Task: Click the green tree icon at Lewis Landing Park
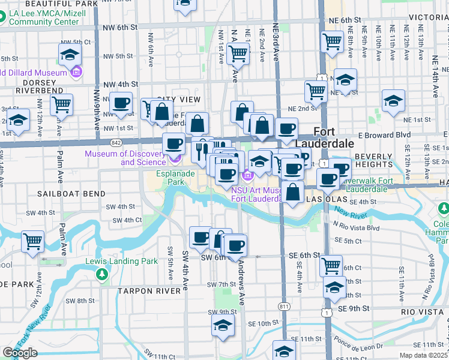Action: point(101,274)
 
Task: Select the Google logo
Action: point(20,353)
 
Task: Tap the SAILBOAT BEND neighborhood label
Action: point(71,194)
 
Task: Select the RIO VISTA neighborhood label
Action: point(424,312)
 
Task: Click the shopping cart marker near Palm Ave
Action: point(61,105)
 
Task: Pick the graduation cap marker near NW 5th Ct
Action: point(70,55)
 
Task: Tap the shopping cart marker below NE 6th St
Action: point(332,42)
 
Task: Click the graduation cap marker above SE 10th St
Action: point(223,326)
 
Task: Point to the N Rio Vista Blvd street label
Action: point(356,228)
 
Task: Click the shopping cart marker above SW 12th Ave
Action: point(33,242)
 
